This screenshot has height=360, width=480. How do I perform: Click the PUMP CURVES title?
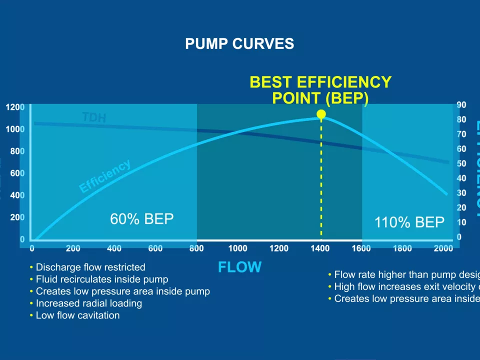coord(239,44)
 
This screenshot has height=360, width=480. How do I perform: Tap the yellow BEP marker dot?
coord(321,114)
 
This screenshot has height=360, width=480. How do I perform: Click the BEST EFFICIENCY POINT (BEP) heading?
coord(320,90)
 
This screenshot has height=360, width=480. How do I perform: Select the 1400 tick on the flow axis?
coord(320,248)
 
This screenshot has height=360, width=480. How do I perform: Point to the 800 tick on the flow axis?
coord(196,248)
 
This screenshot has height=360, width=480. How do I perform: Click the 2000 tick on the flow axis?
coord(443,248)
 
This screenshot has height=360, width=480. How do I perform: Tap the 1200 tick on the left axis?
coord(15,107)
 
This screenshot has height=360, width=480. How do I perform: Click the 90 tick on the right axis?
coord(461,104)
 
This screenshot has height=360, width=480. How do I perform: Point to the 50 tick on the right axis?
coord(461,163)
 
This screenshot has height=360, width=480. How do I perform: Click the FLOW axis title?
coord(239,267)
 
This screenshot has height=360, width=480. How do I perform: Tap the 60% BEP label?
coord(142,219)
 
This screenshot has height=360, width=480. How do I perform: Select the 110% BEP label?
coord(409,222)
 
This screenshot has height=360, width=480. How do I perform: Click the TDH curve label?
coord(94,117)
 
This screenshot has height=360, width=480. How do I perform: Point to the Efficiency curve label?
coord(105,176)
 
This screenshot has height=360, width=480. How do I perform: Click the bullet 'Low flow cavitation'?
coord(77,315)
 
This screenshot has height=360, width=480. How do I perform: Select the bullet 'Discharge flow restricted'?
coord(90,267)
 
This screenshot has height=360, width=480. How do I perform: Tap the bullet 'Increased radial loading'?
coord(88,303)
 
